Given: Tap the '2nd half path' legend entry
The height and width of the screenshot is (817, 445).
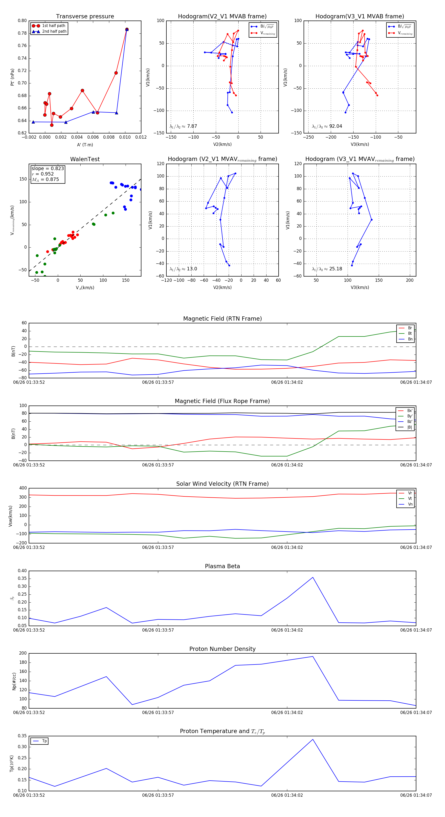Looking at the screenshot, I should (54, 31).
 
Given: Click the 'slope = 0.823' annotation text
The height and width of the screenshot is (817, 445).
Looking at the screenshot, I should (47, 168).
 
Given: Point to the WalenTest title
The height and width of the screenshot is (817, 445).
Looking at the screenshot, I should (85, 159).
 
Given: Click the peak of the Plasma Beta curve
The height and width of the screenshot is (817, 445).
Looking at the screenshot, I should (313, 577).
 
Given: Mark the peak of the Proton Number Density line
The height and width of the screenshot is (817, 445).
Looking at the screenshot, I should (313, 657).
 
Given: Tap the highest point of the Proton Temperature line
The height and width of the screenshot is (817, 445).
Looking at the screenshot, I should (313, 740).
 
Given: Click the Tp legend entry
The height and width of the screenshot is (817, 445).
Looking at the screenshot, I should (44, 741).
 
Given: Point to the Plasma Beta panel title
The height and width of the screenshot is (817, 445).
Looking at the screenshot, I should (222, 566).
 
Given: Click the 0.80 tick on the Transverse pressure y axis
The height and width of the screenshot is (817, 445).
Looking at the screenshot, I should (22, 21).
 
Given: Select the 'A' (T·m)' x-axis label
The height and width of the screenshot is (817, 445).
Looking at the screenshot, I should (85, 145).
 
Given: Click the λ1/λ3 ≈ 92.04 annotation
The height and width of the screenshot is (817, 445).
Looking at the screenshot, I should (327, 126).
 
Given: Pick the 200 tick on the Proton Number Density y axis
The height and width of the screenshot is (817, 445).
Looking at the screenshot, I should (23, 653).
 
